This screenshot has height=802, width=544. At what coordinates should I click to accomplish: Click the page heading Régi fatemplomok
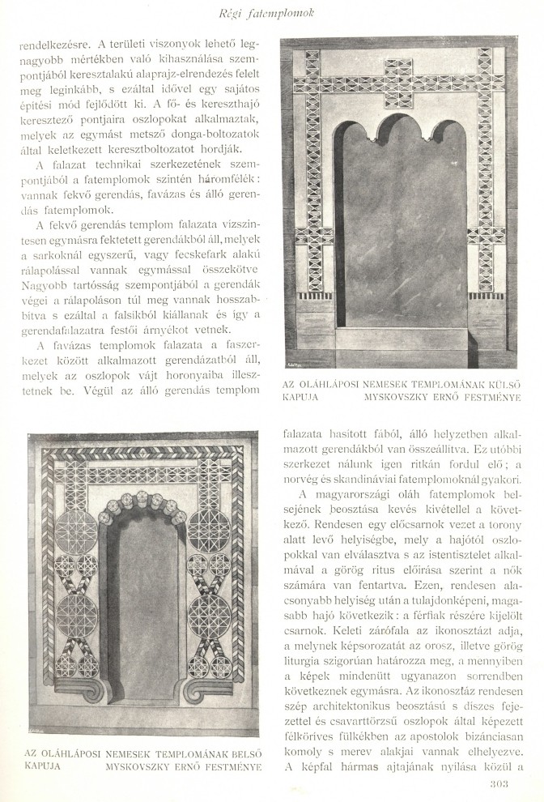(271, 14)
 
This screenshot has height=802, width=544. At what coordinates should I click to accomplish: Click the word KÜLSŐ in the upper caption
(497, 383)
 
